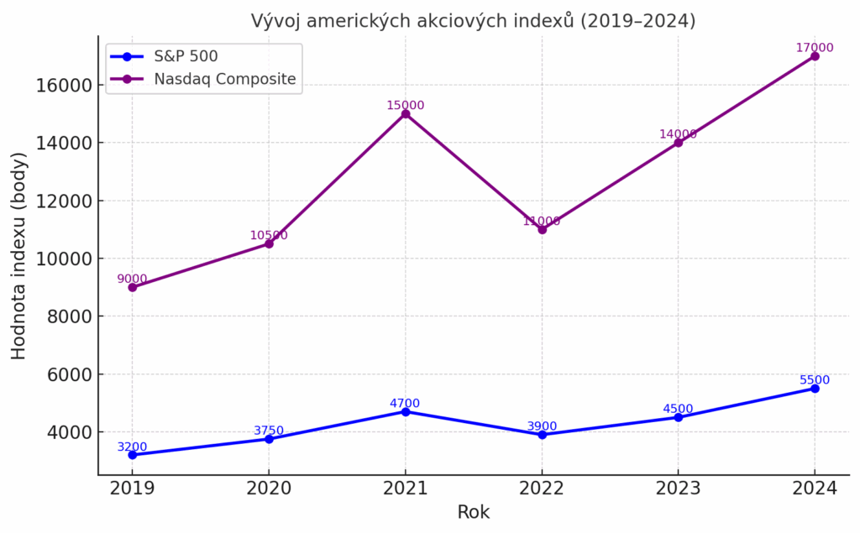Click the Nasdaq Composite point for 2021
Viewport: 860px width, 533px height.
tap(406, 113)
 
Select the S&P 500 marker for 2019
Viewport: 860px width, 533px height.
tap(133, 455)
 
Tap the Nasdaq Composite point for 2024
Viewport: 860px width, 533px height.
tap(815, 56)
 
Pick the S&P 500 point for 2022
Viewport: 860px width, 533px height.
tap(542, 435)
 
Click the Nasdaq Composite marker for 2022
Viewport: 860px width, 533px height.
tap(542, 229)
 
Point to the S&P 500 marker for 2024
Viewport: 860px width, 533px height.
tap(815, 389)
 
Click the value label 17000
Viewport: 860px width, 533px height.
tap(815, 48)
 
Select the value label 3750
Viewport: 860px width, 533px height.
tap(269, 431)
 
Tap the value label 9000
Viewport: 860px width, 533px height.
tap(133, 279)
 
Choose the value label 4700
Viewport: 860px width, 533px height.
tap(405, 404)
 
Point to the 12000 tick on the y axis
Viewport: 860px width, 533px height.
tap(63, 201)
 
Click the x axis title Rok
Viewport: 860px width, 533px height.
tap(474, 512)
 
